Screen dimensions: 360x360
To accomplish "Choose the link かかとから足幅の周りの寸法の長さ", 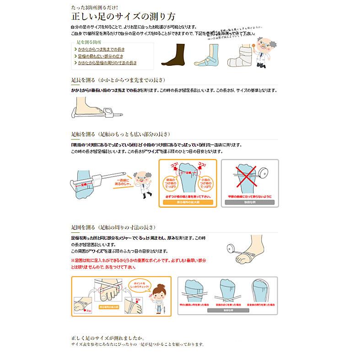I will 107,63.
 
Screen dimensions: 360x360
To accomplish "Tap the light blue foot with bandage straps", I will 209,57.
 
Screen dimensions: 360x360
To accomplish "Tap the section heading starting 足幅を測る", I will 121,134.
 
